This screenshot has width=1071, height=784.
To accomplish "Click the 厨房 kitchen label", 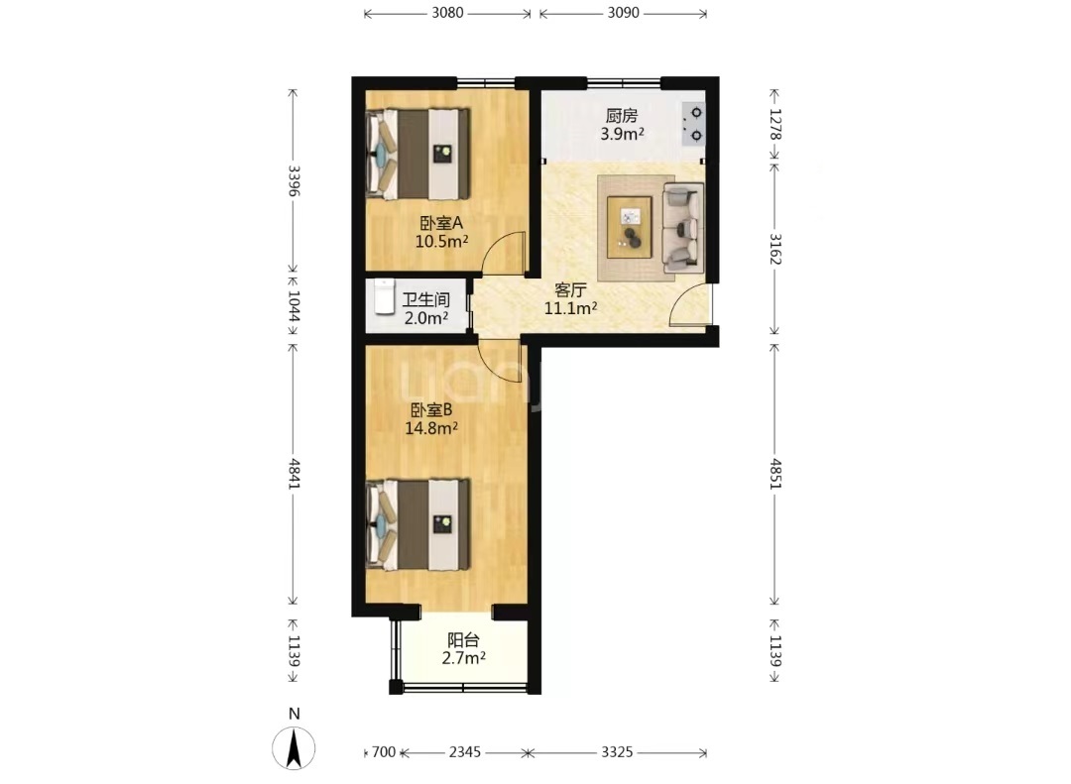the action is coord(621,115).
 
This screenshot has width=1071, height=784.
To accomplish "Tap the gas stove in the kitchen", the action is coord(693,124).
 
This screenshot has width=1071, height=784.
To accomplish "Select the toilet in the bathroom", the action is coord(384,297).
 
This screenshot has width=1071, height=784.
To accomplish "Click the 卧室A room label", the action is coord(441,223).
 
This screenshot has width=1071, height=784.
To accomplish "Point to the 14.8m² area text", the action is coord(431,428).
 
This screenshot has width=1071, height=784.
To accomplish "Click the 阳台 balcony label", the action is coord(463,640).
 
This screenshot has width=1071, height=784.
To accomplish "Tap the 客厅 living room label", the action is coord(570,290).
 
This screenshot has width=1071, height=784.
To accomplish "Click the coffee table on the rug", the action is coord(629,227).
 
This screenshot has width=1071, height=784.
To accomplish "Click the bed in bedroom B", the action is coord(418,523).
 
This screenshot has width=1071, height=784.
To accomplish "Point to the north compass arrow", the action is coord(294,747).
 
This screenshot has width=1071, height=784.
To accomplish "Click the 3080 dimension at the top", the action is coord(447,13).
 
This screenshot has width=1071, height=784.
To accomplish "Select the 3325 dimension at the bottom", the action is coord(617,752).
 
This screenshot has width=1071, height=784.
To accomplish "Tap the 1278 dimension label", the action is coord(775,124).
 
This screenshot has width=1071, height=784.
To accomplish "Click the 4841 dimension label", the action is coord(295,473).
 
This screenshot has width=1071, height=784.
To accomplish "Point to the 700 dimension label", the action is coord(384,752).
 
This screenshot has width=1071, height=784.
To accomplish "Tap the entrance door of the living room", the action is coord(690,304).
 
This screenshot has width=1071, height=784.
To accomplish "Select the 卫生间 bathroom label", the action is coord(425,299).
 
